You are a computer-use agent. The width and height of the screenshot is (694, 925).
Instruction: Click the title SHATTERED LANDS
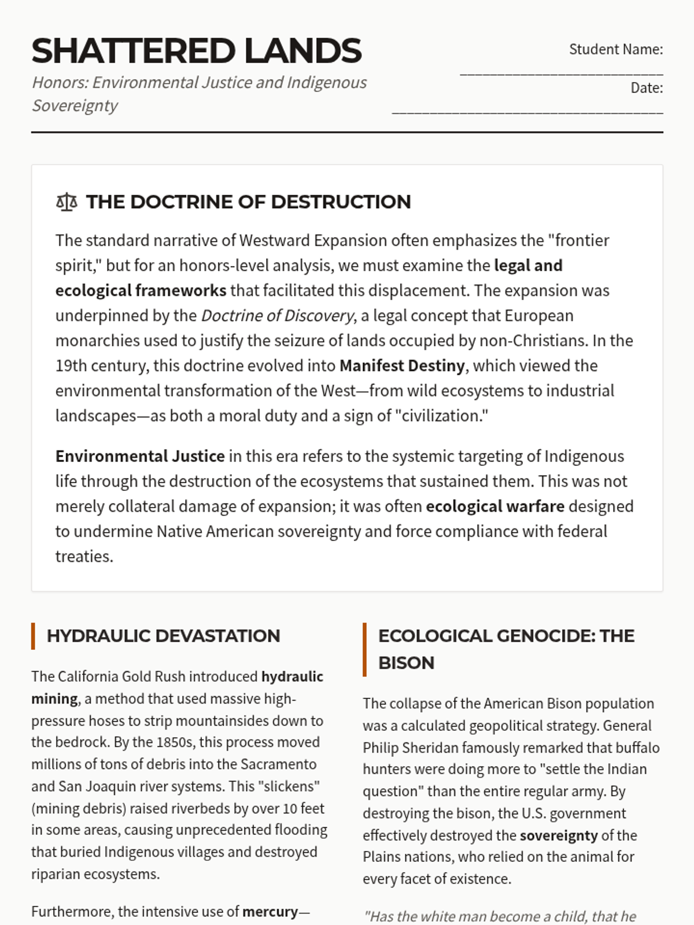point(196,51)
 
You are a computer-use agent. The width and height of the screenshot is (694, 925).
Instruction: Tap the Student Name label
point(615,50)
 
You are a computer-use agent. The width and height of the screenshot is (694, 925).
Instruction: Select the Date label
point(647,88)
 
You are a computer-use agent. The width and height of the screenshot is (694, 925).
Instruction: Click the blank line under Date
point(527,112)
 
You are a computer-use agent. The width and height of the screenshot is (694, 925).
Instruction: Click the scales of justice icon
point(67,202)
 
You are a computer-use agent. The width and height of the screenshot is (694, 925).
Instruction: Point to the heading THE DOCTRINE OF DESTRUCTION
point(248,202)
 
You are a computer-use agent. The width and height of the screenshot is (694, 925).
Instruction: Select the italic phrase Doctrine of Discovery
point(277,316)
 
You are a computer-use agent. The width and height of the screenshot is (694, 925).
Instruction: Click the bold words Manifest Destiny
point(402,366)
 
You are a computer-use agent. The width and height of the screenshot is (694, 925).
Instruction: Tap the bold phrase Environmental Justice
point(140,456)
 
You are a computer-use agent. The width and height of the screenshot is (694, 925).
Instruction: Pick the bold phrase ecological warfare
point(495,506)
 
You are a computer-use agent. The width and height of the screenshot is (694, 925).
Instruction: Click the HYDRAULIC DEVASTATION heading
point(163,636)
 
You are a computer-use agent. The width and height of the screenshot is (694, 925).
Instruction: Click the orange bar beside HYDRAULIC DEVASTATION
point(33,636)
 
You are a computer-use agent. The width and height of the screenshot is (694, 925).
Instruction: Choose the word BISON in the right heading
point(406,663)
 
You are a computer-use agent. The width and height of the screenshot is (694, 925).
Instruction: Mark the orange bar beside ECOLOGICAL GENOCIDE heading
point(364,649)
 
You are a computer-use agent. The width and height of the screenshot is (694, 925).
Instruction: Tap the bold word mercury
point(270,912)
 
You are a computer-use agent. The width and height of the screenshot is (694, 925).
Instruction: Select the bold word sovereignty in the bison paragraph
point(559,835)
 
